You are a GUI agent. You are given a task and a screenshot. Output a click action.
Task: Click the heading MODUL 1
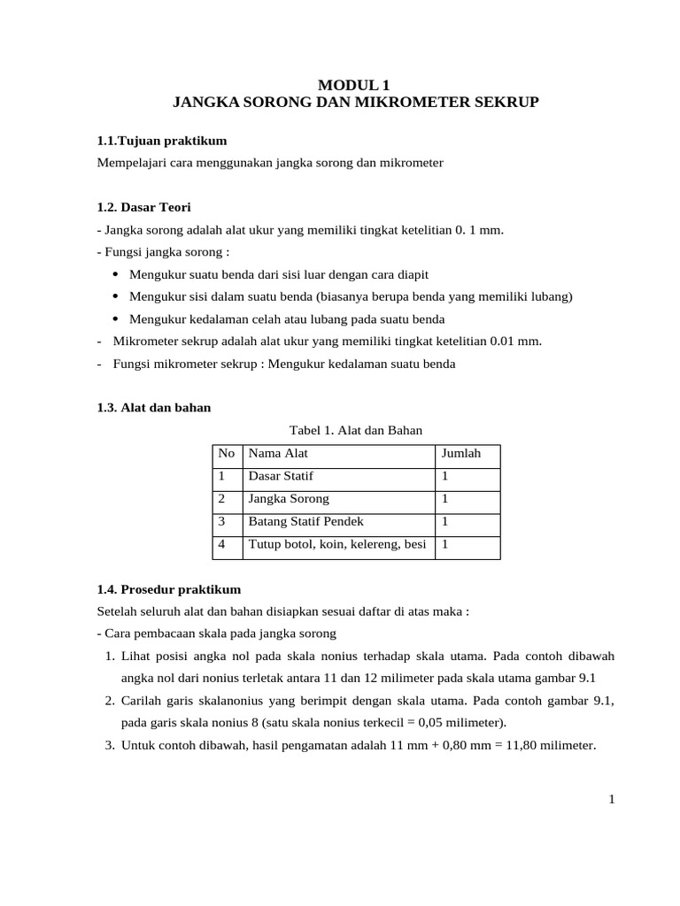pyautogui.click(x=354, y=86)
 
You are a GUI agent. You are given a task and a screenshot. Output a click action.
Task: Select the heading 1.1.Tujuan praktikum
pyautogui.click(x=162, y=141)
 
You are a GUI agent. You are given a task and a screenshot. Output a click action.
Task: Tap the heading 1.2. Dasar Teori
pyautogui.click(x=143, y=207)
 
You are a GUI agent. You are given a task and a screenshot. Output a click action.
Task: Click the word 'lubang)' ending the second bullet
pyautogui.click(x=552, y=296)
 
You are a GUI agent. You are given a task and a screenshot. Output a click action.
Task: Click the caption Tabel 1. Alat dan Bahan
pyautogui.click(x=357, y=430)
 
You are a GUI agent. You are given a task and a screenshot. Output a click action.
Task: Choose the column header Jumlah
pyautogui.click(x=460, y=453)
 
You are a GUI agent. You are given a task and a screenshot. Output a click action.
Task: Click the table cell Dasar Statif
pyautogui.click(x=281, y=476)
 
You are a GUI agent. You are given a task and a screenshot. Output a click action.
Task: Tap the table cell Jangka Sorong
pyautogui.click(x=289, y=499)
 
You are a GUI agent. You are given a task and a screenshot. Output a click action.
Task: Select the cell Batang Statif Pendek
pyautogui.click(x=306, y=522)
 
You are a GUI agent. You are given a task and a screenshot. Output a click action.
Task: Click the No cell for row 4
pyautogui.click(x=222, y=545)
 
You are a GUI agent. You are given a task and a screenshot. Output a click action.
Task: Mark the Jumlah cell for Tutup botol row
pyautogui.click(x=445, y=545)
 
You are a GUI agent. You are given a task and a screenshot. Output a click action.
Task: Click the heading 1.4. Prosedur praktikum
pyautogui.click(x=168, y=588)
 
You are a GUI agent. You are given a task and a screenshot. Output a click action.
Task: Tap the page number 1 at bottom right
pyautogui.click(x=611, y=800)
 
